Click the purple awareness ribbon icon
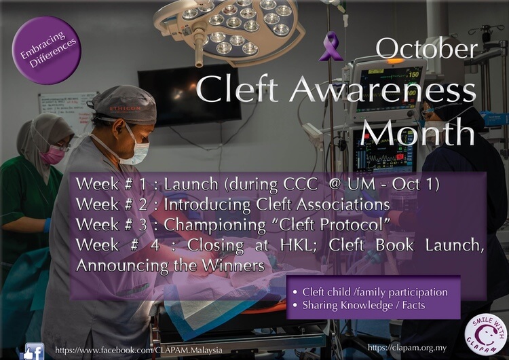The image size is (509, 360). pyautogui.click(x=331, y=46)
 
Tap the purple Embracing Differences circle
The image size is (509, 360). pyautogui.click(x=46, y=50)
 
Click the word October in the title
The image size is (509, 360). pyautogui.click(x=427, y=49)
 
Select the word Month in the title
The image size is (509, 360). pyautogui.click(x=418, y=132)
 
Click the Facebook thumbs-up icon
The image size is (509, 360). pyautogui.click(x=33, y=351)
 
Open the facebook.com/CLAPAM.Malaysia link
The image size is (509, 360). pyautogui.click(x=138, y=350)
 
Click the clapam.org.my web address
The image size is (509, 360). pyautogui.click(x=407, y=348)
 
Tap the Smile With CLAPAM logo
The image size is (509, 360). pyautogui.click(x=485, y=335)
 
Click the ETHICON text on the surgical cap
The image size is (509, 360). pyautogui.click(x=126, y=108)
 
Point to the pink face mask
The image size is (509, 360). pyautogui.click(x=52, y=154)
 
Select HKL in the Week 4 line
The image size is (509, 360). pyautogui.click(x=299, y=245)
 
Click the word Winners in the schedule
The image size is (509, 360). pyautogui.click(x=233, y=266)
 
